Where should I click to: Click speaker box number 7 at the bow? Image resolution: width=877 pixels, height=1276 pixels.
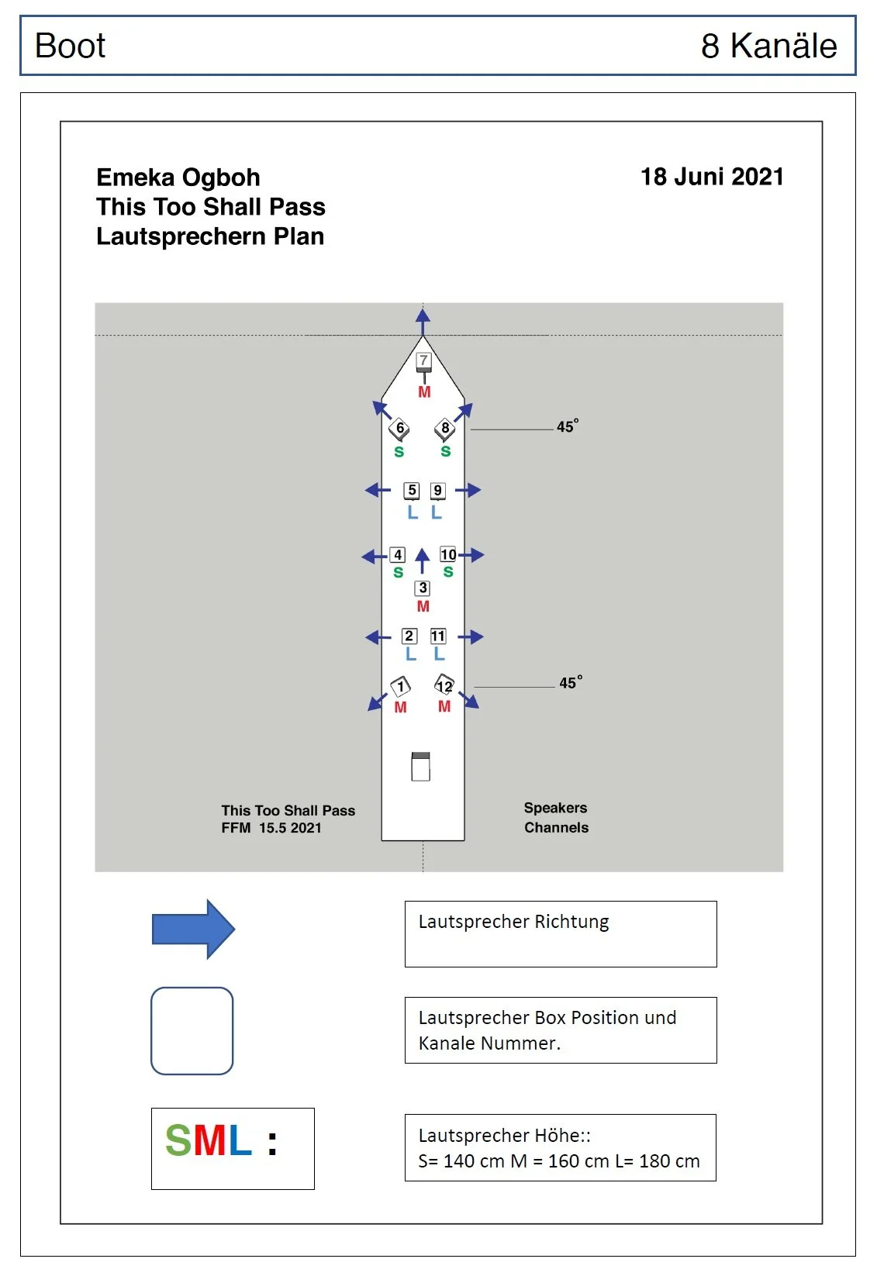click(x=423, y=360)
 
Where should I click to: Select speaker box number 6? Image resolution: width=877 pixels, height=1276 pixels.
click(x=399, y=428)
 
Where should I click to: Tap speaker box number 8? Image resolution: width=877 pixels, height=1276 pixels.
click(x=445, y=428)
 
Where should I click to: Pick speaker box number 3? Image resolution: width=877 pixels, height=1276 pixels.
click(x=423, y=588)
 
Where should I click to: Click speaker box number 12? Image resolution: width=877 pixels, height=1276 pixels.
click(x=444, y=686)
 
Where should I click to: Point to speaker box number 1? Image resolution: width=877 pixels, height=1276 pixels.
click(x=401, y=686)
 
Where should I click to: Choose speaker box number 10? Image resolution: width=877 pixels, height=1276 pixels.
click(x=448, y=554)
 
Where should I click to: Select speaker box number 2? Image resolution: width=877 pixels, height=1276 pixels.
click(x=409, y=636)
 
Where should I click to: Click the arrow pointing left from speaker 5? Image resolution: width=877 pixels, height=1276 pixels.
click(x=378, y=490)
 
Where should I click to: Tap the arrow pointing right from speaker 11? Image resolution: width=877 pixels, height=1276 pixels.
click(x=471, y=637)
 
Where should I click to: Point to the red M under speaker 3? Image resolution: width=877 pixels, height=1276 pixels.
click(x=423, y=606)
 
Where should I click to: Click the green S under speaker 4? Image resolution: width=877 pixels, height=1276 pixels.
click(x=398, y=573)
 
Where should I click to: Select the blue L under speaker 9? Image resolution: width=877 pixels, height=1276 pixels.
click(x=437, y=512)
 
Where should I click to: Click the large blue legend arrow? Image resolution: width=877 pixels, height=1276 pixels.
click(x=193, y=929)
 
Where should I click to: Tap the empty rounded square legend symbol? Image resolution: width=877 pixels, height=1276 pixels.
click(x=192, y=1031)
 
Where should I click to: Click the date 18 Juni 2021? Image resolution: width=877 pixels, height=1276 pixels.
click(x=712, y=177)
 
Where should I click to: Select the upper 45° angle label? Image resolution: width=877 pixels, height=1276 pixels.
click(x=568, y=426)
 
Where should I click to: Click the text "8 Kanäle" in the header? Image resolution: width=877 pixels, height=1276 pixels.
click(x=768, y=46)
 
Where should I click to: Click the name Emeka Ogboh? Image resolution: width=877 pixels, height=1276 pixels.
click(x=178, y=178)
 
